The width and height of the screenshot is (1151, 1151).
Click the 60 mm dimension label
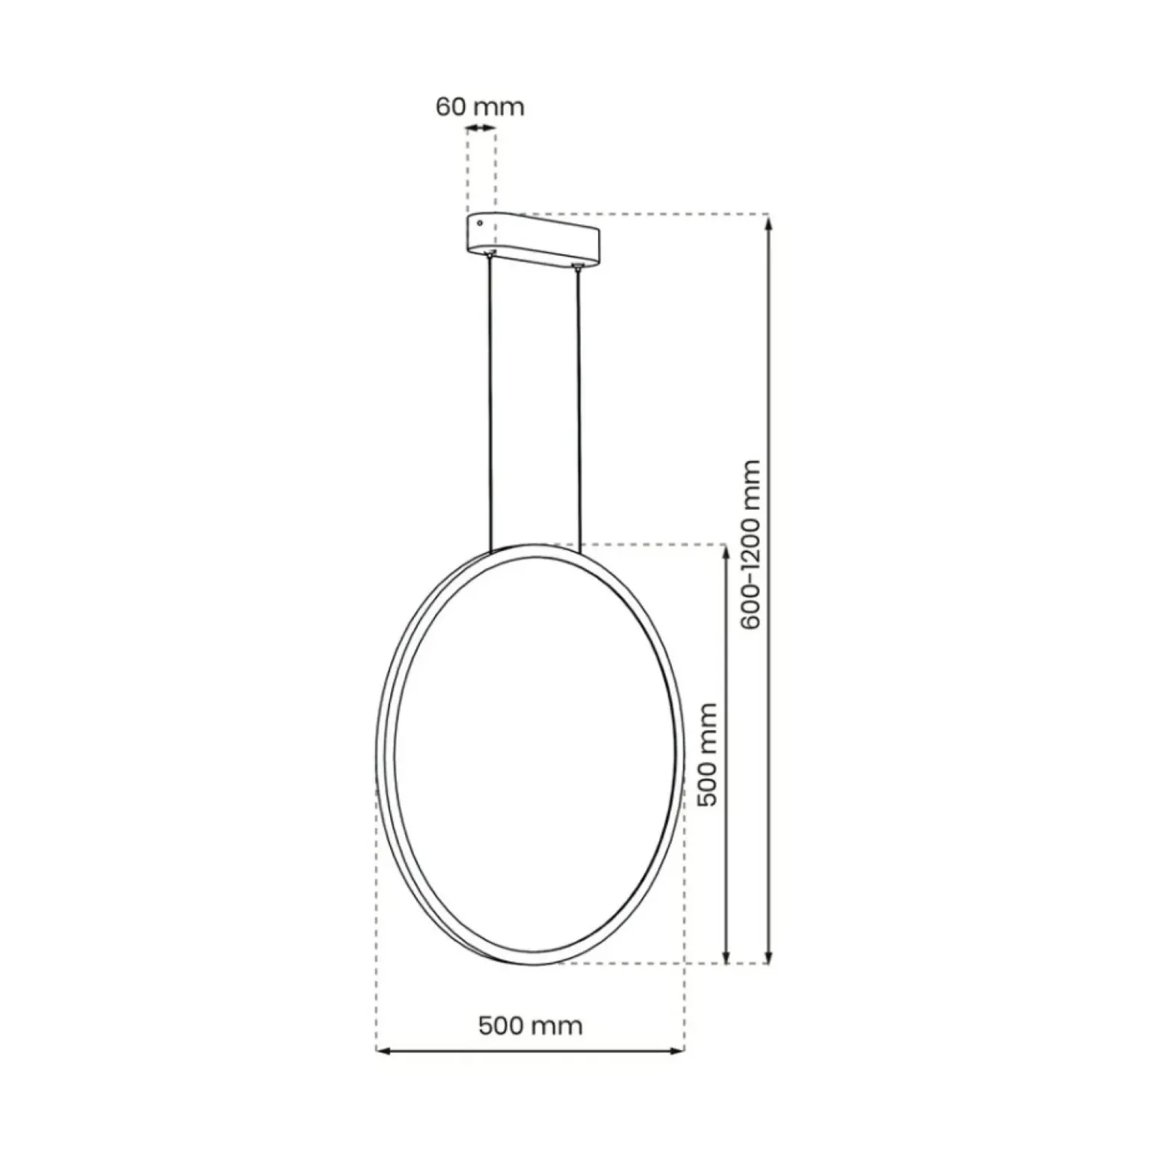pyautogui.click(x=480, y=107)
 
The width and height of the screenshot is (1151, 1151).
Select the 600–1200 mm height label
pyautogui.click(x=750, y=544)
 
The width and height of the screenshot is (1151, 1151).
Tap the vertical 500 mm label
pyautogui.click(x=706, y=754)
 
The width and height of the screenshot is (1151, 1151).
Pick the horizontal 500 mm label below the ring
pyautogui.click(x=530, y=1025)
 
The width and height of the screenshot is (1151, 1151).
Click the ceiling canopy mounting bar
pyautogui.click(x=534, y=240)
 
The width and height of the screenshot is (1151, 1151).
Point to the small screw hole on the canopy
pyautogui.click(x=479, y=223)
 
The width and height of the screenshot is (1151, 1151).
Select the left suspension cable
pyautogui.click(x=490, y=404)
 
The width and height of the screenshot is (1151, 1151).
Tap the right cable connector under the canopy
pyautogui.click(x=577, y=266)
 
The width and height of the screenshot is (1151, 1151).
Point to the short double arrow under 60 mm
pyautogui.click(x=481, y=129)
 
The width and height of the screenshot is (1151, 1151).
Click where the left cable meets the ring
pyautogui.click(x=491, y=552)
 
